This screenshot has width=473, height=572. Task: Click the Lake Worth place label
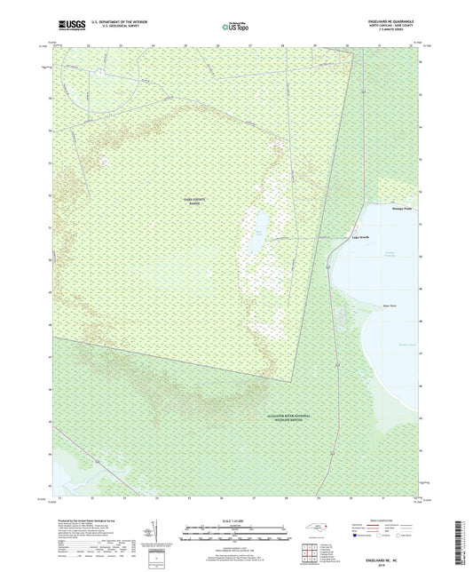click(x=359, y=237)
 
